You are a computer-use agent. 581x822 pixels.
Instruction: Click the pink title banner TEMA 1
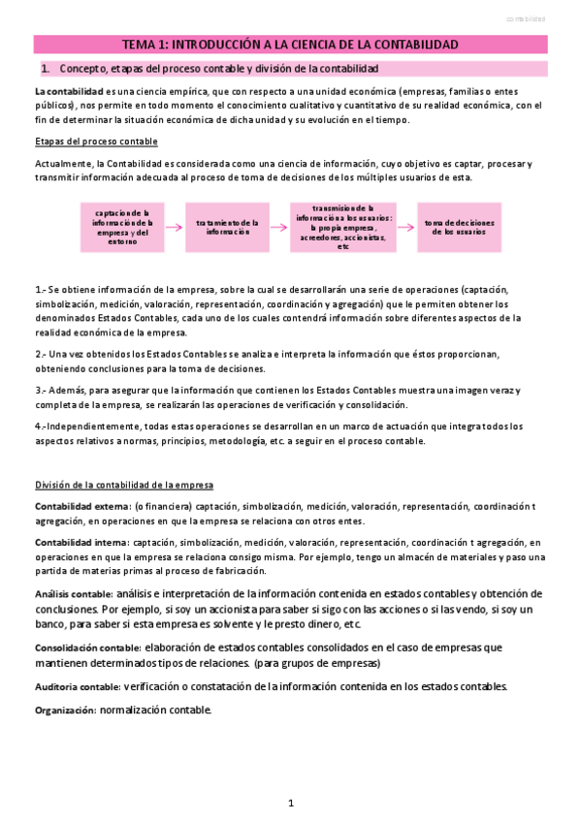point(290,45)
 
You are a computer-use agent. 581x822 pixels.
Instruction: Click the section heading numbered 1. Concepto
point(218,69)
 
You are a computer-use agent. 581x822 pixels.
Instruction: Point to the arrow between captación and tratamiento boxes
point(173,228)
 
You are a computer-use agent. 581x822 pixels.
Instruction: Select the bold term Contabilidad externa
point(81,506)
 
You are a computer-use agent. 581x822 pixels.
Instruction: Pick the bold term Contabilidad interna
point(81,543)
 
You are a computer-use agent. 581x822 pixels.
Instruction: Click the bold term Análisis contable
point(73,594)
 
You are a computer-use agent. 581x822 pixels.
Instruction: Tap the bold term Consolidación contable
point(87,648)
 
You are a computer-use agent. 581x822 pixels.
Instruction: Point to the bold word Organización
point(64,711)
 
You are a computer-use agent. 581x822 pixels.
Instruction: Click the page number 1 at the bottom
point(291,803)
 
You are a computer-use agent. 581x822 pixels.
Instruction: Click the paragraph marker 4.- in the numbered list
point(41,427)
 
